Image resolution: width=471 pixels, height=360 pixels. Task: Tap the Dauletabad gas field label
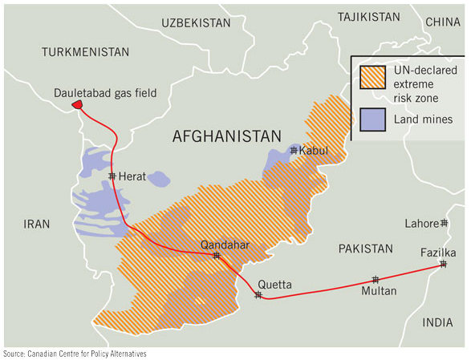coord(105,92)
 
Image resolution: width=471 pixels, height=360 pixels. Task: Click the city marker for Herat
coord(112,176)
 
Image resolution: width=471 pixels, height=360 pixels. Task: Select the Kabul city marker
coord(294,150)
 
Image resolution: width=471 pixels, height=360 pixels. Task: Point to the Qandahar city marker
coord(217,256)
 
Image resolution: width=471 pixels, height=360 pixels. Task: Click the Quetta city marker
coord(258,295)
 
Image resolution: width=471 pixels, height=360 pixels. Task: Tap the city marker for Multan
coord(375,280)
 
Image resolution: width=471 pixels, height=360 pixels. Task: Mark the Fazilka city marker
coord(442,265)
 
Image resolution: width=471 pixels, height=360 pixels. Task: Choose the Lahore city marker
coord(444,223)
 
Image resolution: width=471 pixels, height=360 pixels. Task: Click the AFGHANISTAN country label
coord(227,136)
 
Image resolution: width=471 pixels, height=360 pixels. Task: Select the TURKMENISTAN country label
coord(84,51)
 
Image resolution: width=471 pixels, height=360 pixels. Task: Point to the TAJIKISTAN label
coord(368,16)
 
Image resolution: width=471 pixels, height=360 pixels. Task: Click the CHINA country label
coord(443,22)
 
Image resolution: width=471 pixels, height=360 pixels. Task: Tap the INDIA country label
coord(437,322)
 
